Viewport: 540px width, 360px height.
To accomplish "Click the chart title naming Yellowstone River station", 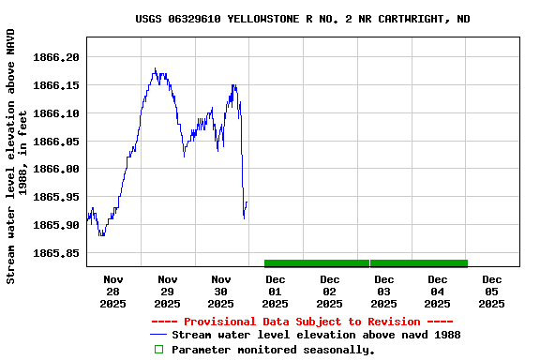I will [x=303, y=19].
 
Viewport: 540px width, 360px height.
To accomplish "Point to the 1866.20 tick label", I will [x=57, y=57].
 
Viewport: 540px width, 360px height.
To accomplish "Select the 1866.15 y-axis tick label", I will [x=57, y=85].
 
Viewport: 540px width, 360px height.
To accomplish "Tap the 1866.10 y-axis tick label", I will [x=57, y=113].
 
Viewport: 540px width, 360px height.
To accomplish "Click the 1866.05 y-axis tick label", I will [x=57, y=142].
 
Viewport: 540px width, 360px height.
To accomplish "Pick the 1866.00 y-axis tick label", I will [x=57, y=169].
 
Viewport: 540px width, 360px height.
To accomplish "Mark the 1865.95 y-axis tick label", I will [x=57, y=197].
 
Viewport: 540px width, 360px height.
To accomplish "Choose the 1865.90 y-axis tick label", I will [x=57, y=225].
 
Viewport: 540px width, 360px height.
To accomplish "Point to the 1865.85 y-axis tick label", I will [x=57, y=253].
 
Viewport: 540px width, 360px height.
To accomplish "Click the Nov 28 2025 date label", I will [x=113, y=291].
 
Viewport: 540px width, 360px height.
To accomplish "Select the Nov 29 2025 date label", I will [x=167, y=291].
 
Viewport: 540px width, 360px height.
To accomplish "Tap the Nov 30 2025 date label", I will [x=221, y=291].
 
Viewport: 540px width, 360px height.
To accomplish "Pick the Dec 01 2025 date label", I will [x=276, y=291].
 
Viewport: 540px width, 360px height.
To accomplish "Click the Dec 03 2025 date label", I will [x=383, y=291].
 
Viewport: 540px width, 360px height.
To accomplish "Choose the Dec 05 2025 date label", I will [x=491, y=291].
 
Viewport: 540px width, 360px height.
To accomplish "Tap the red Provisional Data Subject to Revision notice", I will [x=302, y=322].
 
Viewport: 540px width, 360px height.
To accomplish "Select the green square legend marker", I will [x=158, y=350].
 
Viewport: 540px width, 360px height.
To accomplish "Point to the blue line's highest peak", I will [x=155, y=68].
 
